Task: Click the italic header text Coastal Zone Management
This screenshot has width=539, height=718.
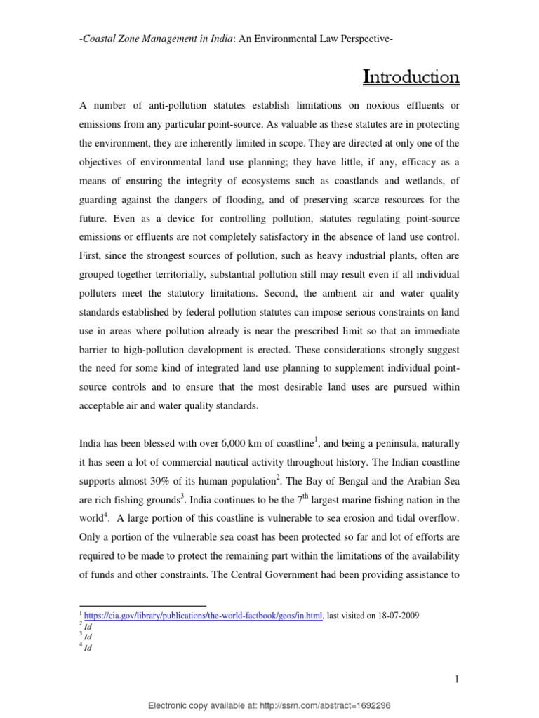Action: point(133,40)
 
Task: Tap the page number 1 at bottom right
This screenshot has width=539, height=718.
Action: point(455,679)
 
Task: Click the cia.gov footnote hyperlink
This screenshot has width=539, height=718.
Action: point(204,616)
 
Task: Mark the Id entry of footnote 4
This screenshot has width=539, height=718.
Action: point(88,649)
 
